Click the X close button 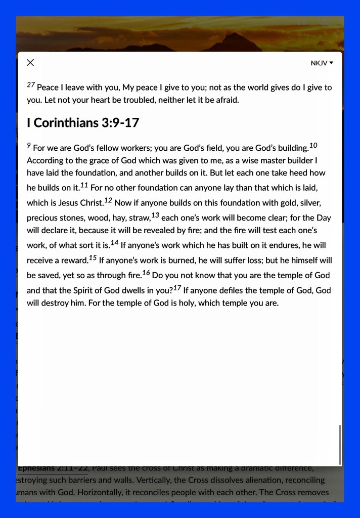pyautogui.click(x=30, y=63)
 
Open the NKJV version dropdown pyautogui.click(x=322, y=63)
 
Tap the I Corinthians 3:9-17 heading pyautogui.click(x=83, y=123)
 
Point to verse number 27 pyautogui.click(x=31, y=85)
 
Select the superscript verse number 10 pyautogui.click(x=313, y=146)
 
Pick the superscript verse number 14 pyautogui.click(x=114, y=243)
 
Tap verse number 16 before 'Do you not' pyautogui.click(x=146, y=273)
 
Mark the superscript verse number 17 pyautogui.click(x=176, y=288)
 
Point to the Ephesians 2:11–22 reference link pyautogui.click(x=53, y=468)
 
